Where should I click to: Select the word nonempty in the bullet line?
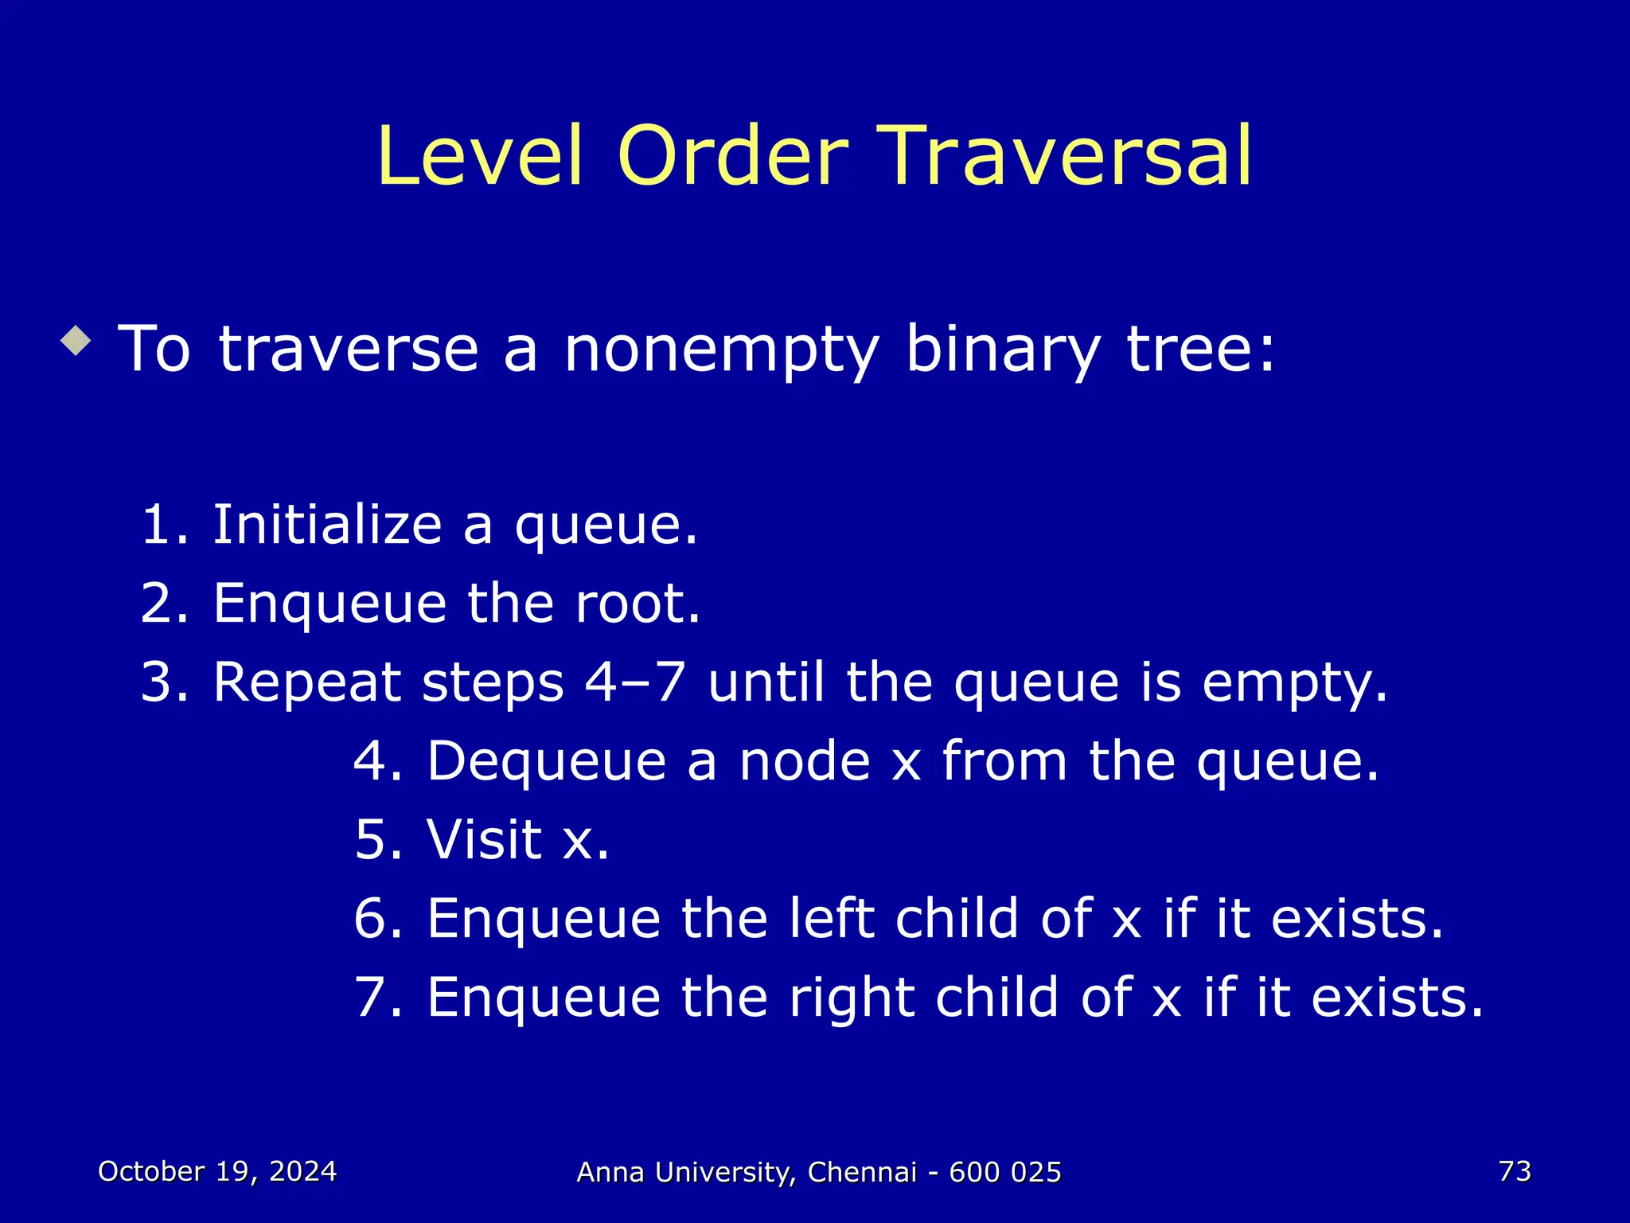[x=721, y=350]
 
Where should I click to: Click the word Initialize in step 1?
[x=326, y=526]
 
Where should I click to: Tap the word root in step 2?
[x=637, y=604]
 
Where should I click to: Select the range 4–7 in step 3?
[x=634, y=683]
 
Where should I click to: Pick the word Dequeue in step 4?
[x=546, y=761]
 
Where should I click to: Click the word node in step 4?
[x=805, y=761]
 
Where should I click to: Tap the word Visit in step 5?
[x=484, y=840]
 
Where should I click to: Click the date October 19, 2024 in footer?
[x=217, y=1171]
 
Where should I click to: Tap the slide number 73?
[x=1515, y=1171]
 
